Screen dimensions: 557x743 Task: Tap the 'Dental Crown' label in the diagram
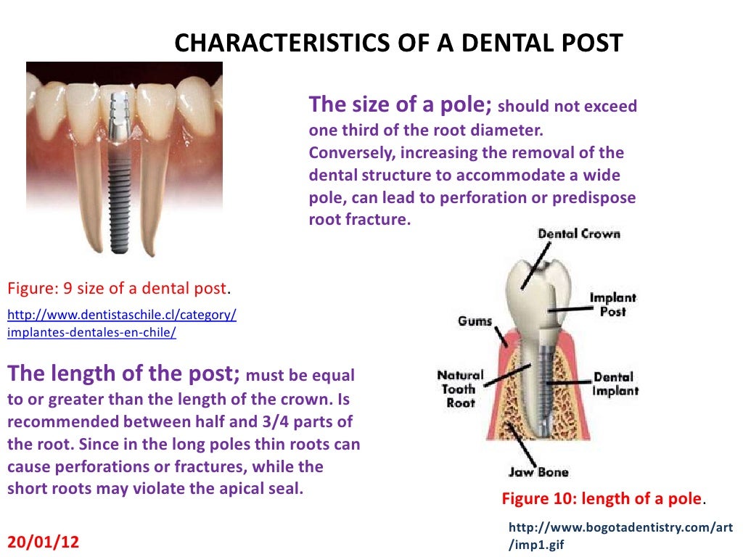tap(579, 234)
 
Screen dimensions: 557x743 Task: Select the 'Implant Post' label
tap(612, 304)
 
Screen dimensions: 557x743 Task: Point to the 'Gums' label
tap(475, 321)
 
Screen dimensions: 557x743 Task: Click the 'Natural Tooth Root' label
tap(460, 388)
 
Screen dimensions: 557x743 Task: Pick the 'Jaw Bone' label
tap(538, 472)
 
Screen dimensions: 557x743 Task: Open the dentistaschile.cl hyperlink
tap(121, 323)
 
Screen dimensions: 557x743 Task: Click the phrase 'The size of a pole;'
tap(401, 105)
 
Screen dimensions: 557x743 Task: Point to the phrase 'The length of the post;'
tap(123, 374)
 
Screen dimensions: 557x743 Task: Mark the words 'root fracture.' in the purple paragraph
tap(359, 219)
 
